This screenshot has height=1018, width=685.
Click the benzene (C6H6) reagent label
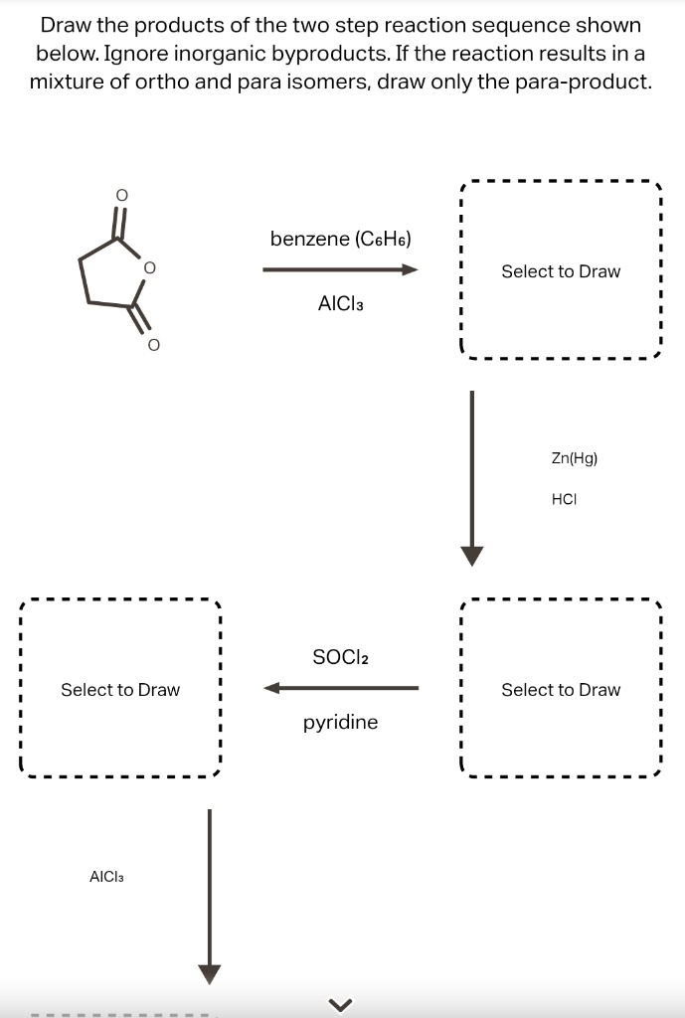tap(341, 239)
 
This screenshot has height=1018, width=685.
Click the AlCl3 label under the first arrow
tap(341, 303)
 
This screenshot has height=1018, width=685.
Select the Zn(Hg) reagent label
tap(574, 458)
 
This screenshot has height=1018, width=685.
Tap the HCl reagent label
tap(564, 500)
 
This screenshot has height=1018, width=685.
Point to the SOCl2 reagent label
tap(340, 657)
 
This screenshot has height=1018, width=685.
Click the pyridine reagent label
tap(340, 723)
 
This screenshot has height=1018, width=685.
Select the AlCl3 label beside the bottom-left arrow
tap(106, 877)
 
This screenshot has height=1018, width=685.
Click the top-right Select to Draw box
tap(560, 271)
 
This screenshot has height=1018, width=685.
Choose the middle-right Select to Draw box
tap(560, 689)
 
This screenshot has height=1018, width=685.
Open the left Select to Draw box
tap(120, 689)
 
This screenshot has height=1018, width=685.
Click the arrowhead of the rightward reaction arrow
tap(409, 269)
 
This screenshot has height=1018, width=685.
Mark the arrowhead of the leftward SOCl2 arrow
tap(272, 687)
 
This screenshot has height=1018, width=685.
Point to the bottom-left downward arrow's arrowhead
tap(209, 973)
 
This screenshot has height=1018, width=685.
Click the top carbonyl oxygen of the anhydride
tap(121, 196)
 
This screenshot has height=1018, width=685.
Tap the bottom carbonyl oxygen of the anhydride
tap(152, 344)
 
